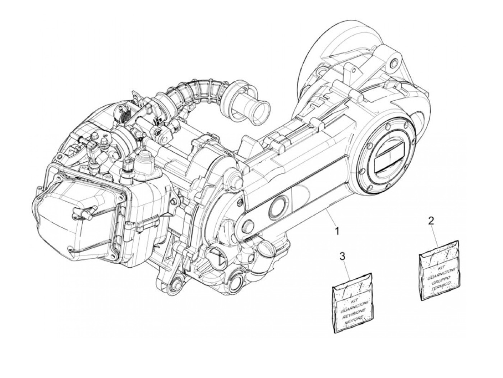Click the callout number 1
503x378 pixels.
pos(337,230)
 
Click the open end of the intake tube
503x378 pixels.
pos(258,110)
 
